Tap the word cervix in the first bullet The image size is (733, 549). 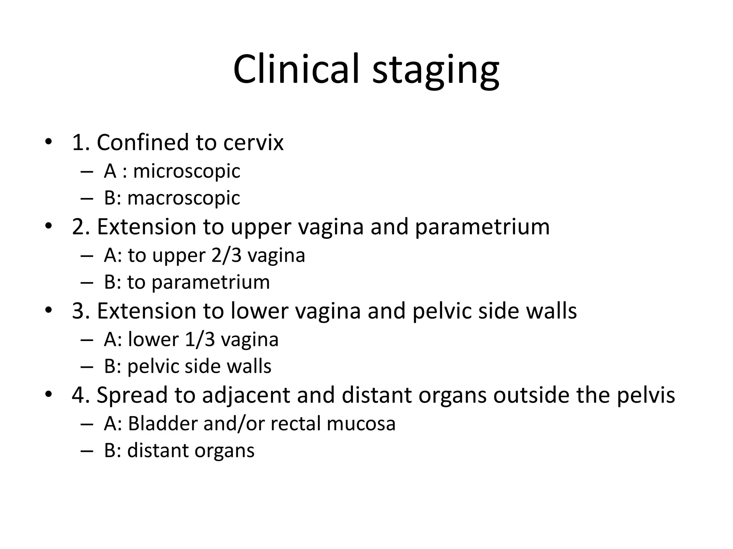[253, 143]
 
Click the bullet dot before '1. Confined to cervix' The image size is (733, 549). [48, 142]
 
